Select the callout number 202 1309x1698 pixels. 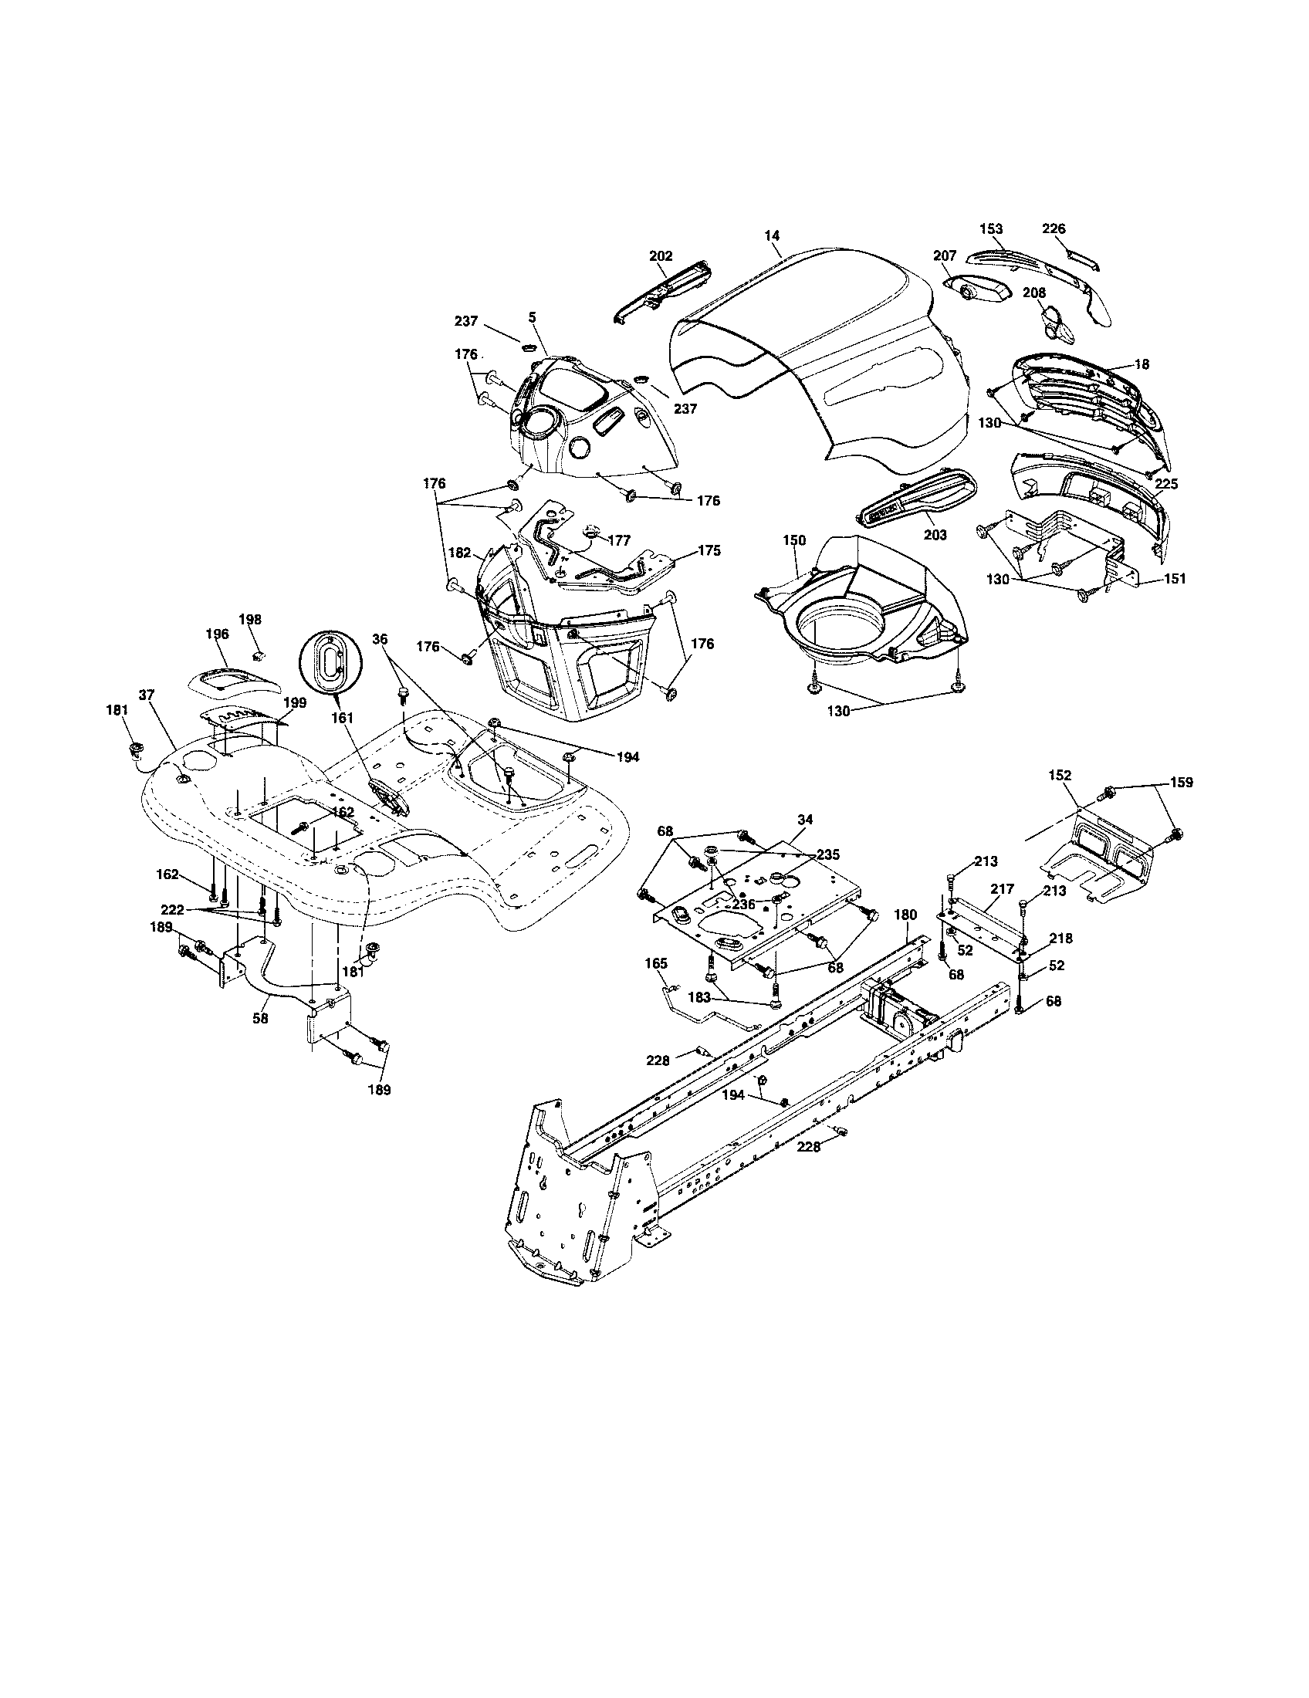tap(661, 255)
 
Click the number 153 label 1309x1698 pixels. tap(991, 228)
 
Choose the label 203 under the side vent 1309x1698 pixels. tap(935, 535)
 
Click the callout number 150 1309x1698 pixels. tap(794, 540)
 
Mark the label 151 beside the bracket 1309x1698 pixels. tap(1174, 578)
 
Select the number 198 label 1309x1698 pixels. tap(249, 620)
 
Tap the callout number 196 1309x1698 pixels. tap(217, 634)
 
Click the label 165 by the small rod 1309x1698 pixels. tap(656, 963)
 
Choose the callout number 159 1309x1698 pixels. tap(1181, 782)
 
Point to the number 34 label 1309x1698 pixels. tap(805, 820)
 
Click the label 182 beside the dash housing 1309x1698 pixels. tap(459, 553)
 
